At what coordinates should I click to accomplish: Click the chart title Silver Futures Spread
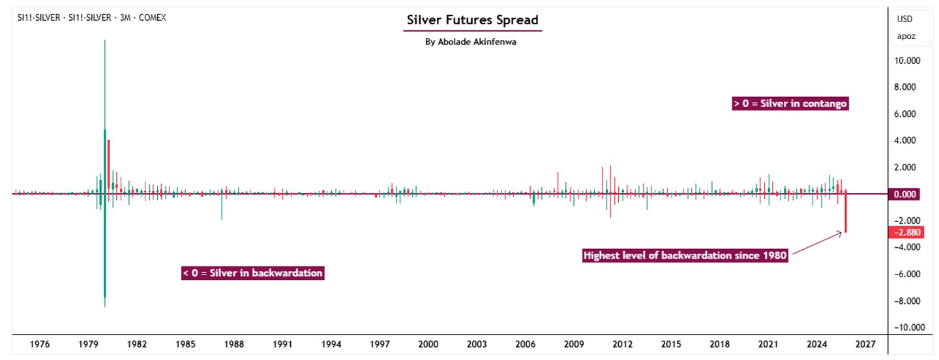point(472,20)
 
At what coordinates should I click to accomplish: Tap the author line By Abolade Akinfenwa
point(470,42)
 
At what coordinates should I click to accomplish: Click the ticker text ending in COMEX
point(92,18)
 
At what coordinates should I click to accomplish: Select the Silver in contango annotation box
point(790,104)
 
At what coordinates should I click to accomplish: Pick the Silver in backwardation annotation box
point(253,273)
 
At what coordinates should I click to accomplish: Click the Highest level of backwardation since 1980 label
point(685,255)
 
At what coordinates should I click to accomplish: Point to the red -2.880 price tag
point(906,232)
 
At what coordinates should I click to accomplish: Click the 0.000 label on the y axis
point(904,194)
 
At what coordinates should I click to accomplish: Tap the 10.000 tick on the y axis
point(906,61)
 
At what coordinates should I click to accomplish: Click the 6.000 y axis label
point(904,114)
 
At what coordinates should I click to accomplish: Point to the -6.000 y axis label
point(907,274)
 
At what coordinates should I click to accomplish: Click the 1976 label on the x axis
point(40,344)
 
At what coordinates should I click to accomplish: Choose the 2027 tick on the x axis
point(865,344)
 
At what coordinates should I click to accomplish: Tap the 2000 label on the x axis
point(428,344)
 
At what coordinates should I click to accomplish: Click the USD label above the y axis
point(904,19)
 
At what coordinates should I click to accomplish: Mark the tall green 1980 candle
point(105,173)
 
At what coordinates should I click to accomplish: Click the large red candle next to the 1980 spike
point(108,164)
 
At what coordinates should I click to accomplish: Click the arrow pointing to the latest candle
point(817,243)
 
